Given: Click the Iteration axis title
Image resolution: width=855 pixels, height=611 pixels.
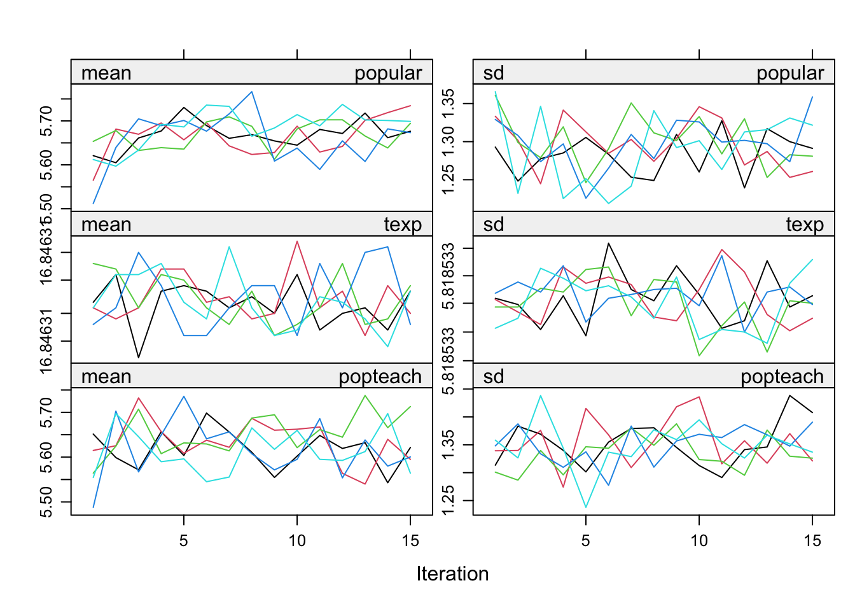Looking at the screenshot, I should (452, 574).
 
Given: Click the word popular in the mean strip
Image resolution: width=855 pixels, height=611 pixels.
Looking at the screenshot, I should (388, 73).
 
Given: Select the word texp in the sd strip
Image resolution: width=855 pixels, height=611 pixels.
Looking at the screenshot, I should (804, 225).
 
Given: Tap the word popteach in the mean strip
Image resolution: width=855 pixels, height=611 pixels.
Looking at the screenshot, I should (380, 377).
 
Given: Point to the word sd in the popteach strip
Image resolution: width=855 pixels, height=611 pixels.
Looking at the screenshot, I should (494, 377).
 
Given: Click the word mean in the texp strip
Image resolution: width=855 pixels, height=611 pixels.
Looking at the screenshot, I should (106, 225).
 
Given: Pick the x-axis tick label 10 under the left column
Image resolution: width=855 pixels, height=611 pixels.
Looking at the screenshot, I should (297, 541).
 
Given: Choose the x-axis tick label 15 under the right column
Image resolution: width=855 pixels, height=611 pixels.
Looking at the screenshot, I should (812, 541).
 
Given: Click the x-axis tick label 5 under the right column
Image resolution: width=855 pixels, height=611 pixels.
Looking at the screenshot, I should (586, 541).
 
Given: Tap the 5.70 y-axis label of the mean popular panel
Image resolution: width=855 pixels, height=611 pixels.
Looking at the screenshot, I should (46, 120).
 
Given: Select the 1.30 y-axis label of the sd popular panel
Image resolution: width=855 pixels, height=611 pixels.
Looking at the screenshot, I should (448, 141).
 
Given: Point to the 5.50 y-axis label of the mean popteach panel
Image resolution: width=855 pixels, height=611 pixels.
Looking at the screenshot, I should (46, 502).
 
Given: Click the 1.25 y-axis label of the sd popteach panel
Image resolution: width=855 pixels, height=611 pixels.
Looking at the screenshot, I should (448, 500).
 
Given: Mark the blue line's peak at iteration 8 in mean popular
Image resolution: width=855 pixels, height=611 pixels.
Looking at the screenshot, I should (252, 92).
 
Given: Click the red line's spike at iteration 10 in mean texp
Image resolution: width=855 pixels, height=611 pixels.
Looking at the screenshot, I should (297, 241).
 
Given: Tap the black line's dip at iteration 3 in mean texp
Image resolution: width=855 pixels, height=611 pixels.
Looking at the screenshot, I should (139, 358).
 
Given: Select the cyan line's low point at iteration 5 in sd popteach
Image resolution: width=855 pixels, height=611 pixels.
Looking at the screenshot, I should (586, 507).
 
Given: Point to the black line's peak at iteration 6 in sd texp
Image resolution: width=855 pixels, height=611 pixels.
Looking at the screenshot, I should (609, 243).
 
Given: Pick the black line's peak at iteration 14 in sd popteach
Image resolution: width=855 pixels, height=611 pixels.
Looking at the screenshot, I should (789, 396).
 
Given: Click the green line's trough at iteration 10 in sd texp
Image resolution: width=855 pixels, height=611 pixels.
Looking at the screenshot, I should (699, 356).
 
